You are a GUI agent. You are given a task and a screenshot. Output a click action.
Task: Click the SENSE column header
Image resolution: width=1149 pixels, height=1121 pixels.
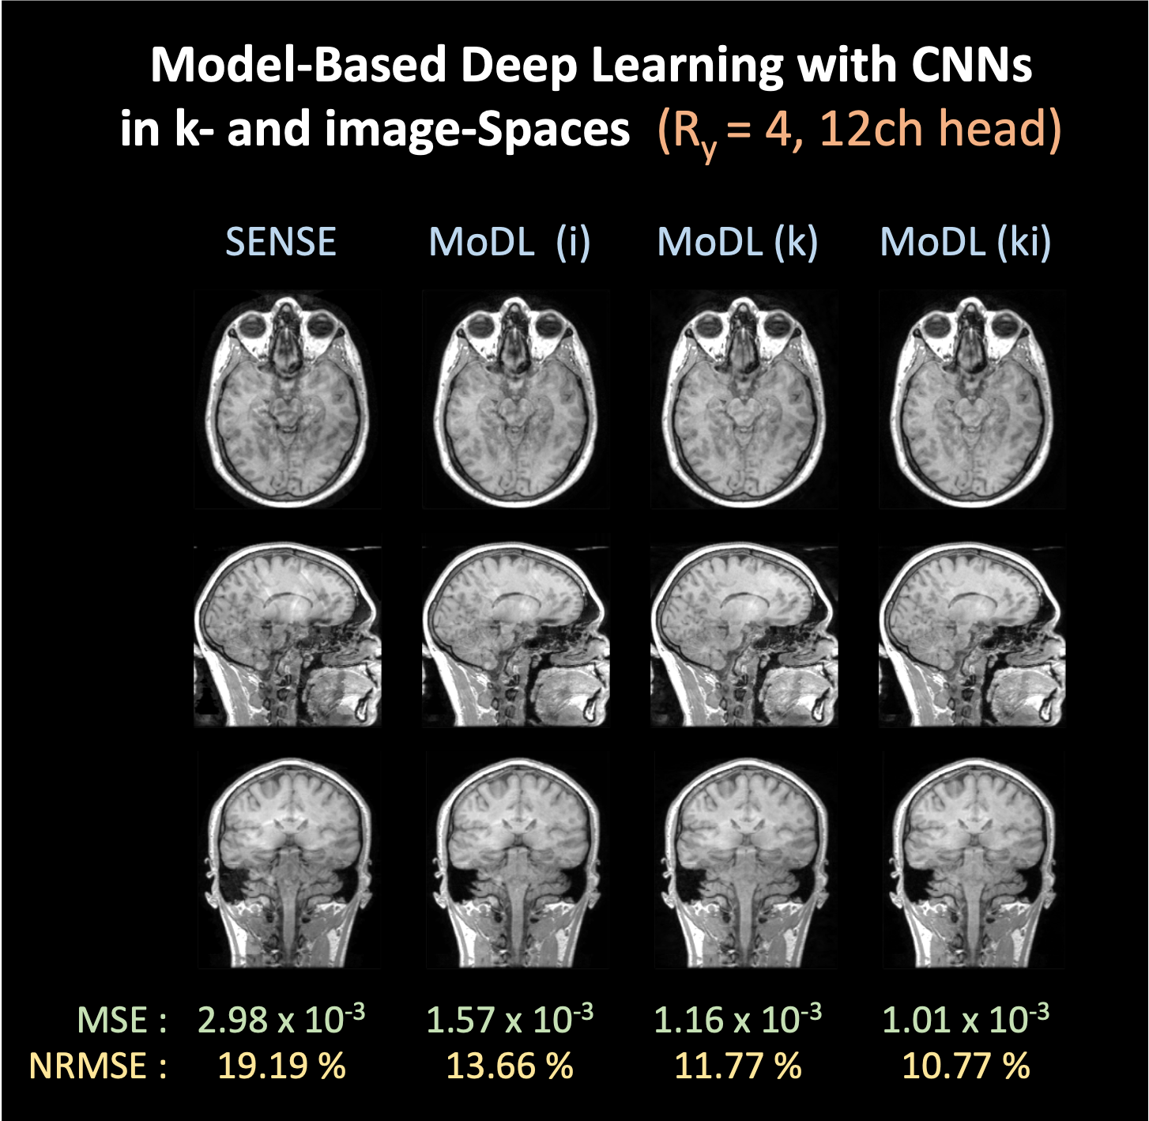pyautogui.click(x=281, y=241)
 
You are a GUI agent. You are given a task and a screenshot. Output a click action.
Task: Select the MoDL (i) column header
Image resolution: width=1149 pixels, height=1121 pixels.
pyautogui.click(x=509, y=242)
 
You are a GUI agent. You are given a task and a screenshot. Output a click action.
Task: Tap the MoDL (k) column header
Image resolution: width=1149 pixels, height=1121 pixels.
pyautogui.click(x=737, y=242)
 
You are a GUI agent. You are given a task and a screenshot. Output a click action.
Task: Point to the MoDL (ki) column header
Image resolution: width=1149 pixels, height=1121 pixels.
pyautogui.click(x=965, y=242)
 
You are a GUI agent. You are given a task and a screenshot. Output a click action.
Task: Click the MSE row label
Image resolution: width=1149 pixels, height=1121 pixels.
pyautogui.click(x=122, y=1021)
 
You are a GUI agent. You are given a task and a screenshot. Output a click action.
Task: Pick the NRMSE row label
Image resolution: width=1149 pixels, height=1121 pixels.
pyautogui.click(x=97, y=1066)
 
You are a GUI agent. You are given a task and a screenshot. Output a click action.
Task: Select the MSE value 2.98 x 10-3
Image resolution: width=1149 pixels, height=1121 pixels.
pyautogui.click(x=281, y=1019)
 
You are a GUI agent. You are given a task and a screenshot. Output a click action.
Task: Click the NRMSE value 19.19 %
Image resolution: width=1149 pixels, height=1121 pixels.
pyautogui.click(x=281, y=1066)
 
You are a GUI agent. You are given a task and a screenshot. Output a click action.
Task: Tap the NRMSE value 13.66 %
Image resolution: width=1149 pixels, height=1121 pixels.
pyautogui.click(x=510, y=1066)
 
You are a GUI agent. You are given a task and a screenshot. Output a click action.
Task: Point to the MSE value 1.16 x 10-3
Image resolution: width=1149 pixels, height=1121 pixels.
pyautogui.click(x=737, y=1019)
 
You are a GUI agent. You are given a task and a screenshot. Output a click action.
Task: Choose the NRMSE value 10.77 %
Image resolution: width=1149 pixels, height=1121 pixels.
pyautogui.click(x=966, y=1066)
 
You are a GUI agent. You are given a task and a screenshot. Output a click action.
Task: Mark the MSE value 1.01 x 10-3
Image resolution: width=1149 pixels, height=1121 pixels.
pyautogui.click(x=965, y=1019)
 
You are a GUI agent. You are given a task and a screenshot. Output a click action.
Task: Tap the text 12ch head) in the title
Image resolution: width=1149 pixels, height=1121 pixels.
pyautogui.click(x=940, y=129)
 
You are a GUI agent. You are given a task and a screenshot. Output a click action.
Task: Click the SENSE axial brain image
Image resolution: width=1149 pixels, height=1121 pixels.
pyautogui.click(x=288, y=399)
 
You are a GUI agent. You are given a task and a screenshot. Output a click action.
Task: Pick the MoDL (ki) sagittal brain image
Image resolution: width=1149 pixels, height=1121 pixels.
pyautogui.click(x=973, y=630)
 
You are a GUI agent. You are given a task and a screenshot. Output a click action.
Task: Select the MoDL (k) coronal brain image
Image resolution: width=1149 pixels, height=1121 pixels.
pyautogui.click(x=744, y=859)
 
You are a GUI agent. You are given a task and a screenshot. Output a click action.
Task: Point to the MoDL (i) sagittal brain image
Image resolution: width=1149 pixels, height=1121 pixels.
pyautogui.click(x=516, y=630)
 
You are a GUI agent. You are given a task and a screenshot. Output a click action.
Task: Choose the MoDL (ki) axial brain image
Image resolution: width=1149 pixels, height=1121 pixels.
pyautogui.click(x=973, y=399)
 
